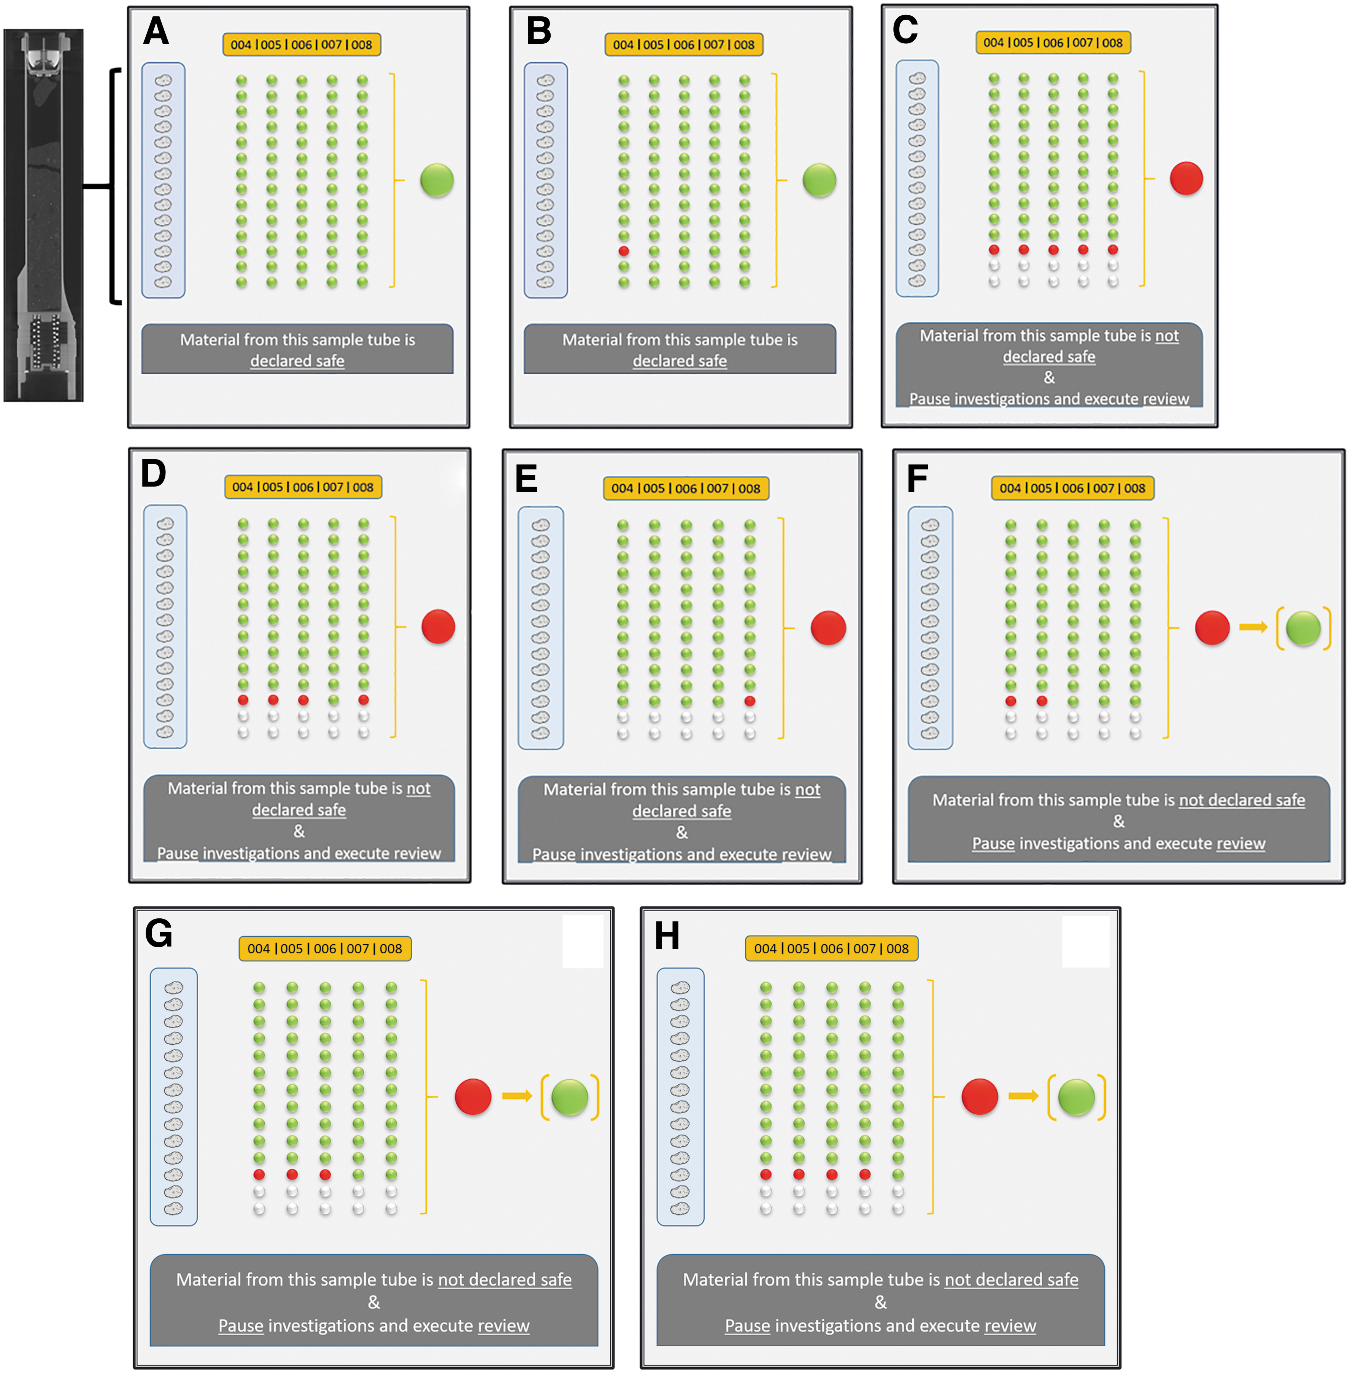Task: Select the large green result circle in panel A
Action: (x=437, y=180)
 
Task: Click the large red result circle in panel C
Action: (x=1186, y=178)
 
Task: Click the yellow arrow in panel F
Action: (x=1253, y=627)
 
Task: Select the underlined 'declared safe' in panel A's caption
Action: (x=297, y=361)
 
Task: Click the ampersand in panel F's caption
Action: (x=1119, y=821)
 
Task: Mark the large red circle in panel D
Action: (x=438, y=627)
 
